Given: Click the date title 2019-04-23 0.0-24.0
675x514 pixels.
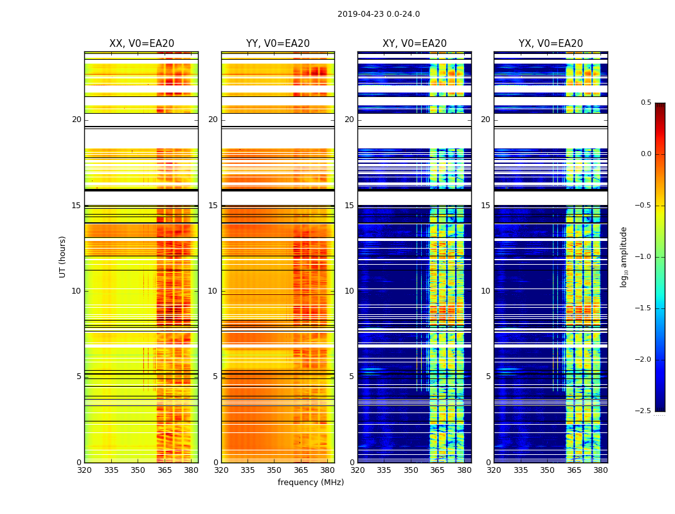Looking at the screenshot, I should coord(378,14).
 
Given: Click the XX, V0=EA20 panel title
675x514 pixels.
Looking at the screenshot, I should coord(141,44).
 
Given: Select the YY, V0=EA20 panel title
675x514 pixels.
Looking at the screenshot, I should coord(278,44).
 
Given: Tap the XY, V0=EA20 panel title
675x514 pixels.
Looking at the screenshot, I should coord(414,44).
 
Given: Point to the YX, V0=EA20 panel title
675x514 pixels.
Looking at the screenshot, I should coord(550,44).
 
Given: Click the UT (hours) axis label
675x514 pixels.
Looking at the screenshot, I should coord(63,256).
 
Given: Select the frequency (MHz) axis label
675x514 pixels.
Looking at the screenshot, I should coord(310,483).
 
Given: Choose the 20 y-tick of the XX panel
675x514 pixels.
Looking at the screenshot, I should coord(76,120).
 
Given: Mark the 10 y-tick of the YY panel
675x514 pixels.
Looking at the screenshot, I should coord(213,291).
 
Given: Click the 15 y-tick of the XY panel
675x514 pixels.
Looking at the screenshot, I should coord(349,206).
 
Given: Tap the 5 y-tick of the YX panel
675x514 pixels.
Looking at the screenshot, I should coord(488,377).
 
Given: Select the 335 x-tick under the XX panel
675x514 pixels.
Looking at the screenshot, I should coord(111,470).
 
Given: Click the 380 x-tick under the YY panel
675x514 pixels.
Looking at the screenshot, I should coord(327,470).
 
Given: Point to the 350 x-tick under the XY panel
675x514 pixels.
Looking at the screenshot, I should coord(411,470).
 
